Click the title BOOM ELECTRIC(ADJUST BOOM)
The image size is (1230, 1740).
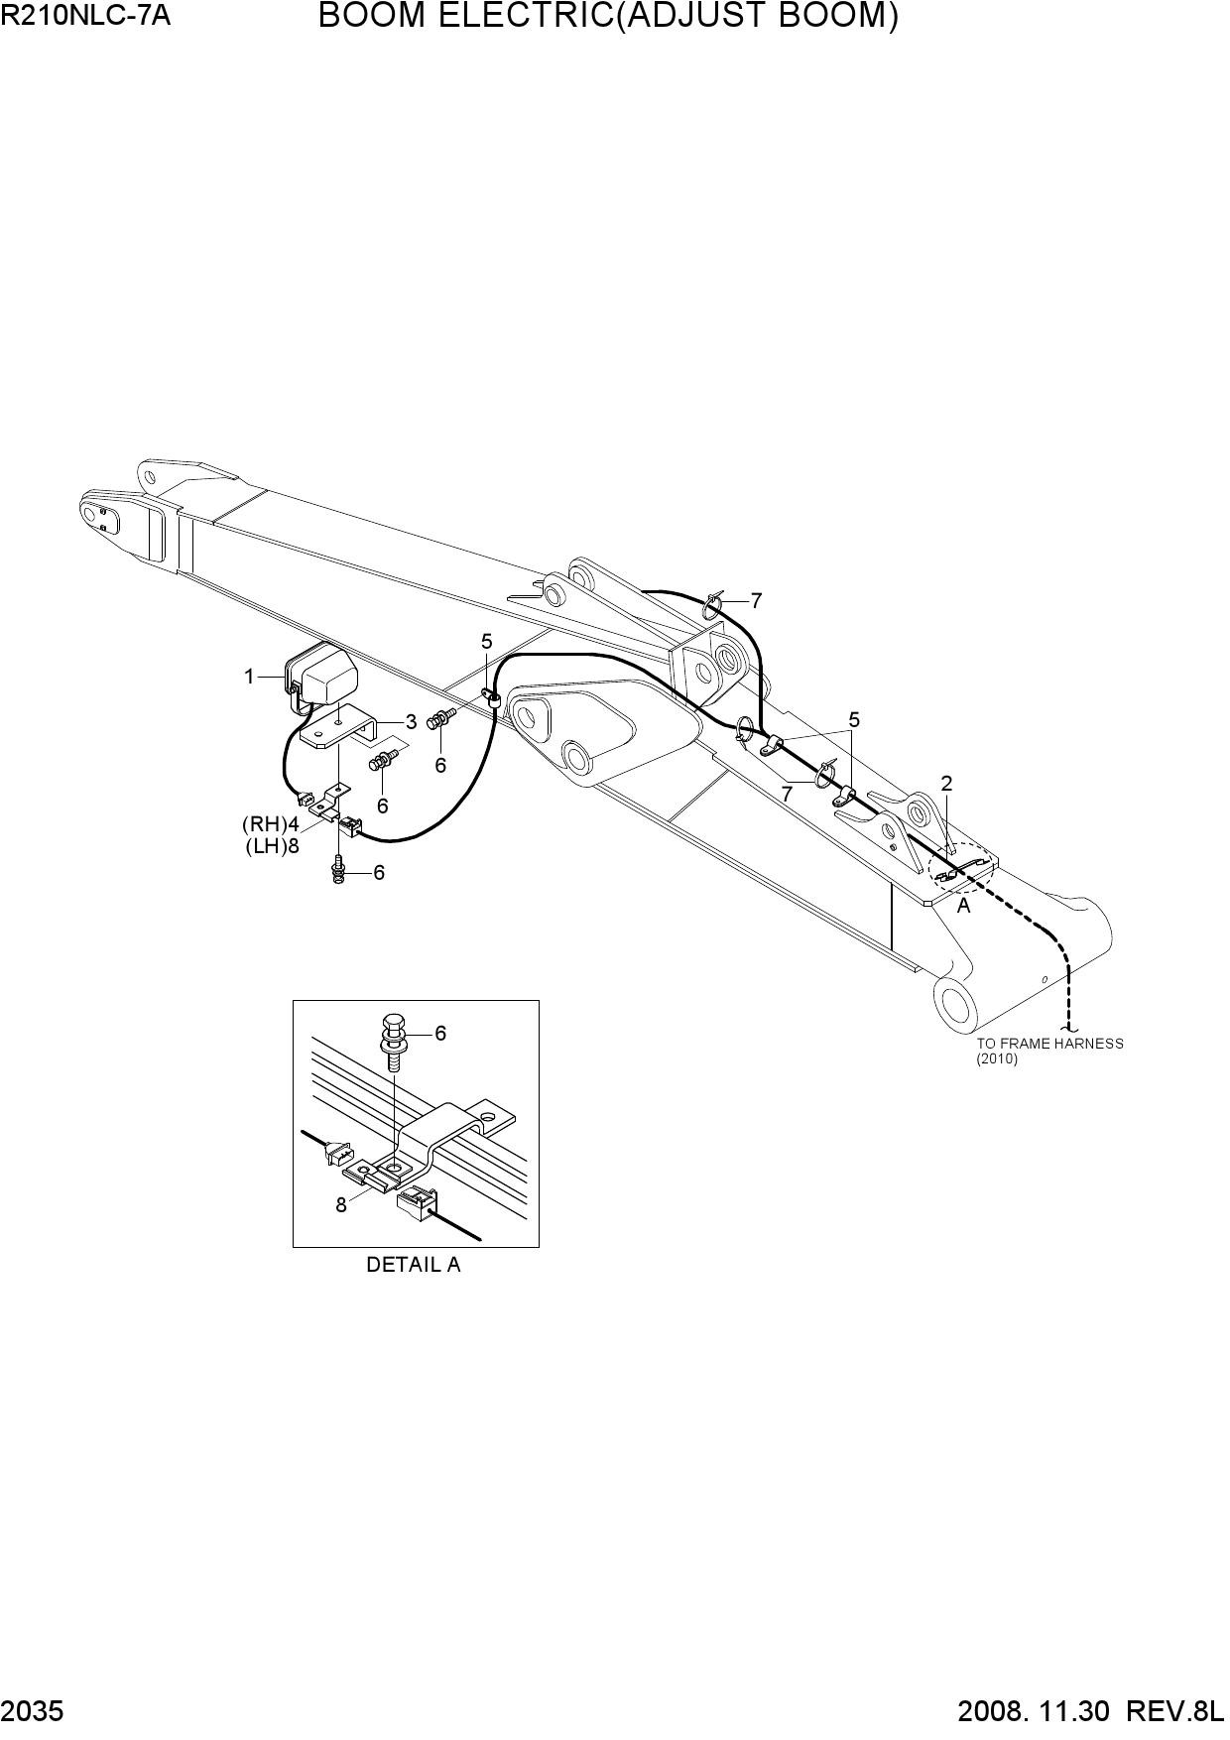click(x=609, y=17)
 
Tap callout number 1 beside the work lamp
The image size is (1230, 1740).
click(x=249, y=677)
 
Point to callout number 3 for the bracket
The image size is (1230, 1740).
click(x=411, y=722)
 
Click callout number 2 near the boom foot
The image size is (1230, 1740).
click(x=946, y=784)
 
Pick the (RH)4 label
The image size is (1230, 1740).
click(x=270, y=824)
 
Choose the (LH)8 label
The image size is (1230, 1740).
click(x=272, y=846)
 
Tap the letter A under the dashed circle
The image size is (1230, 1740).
click(x=963, y=906)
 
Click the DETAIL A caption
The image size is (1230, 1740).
click(x=414, y=1265)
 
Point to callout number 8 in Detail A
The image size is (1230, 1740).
click(x=341, y=1205)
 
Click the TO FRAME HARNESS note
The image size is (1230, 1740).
click(x=1049, y=1044)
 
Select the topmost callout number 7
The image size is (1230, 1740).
click(x=756, y=601)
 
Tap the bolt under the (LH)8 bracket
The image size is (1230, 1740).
click(x=339, y=870)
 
